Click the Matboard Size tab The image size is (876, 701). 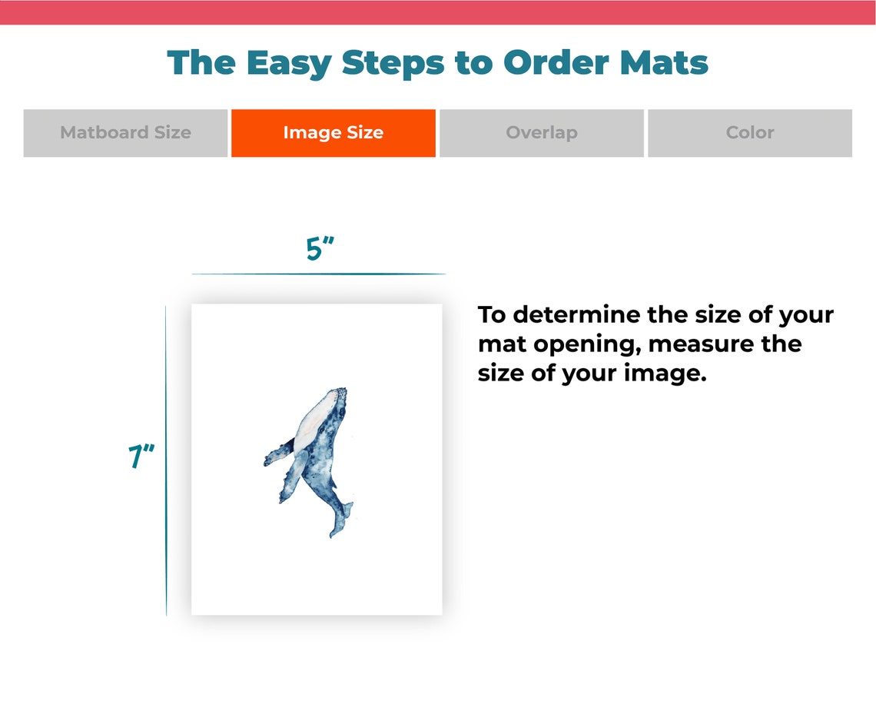125,133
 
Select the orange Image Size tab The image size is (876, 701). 333,133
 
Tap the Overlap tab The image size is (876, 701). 541,133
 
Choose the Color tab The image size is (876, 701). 749,133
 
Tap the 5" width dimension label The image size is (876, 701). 320,249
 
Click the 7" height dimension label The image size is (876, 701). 141,457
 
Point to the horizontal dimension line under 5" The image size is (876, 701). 318,274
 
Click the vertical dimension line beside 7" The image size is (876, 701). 166,461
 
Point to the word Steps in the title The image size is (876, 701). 393,63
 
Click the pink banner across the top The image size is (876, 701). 438,12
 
